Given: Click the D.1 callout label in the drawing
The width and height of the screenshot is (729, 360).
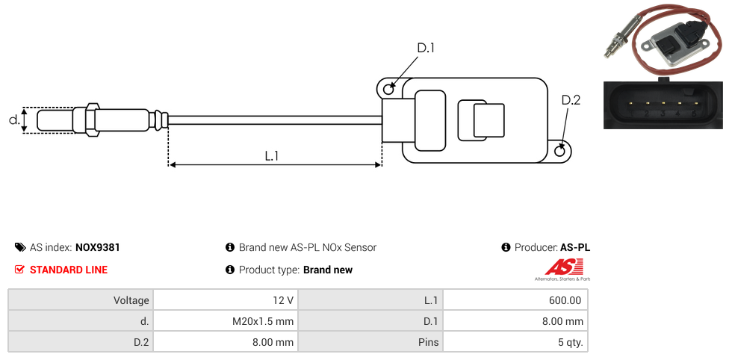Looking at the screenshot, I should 426,49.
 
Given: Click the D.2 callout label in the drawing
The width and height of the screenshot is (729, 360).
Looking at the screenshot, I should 571,101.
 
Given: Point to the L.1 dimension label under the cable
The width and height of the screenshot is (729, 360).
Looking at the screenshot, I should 272,155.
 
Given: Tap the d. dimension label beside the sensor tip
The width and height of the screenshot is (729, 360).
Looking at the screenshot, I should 13,120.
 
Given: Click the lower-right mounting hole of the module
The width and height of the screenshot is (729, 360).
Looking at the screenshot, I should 561,151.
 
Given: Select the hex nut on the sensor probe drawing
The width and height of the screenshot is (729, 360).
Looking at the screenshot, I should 93,120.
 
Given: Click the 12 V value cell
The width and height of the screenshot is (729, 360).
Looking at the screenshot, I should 226,300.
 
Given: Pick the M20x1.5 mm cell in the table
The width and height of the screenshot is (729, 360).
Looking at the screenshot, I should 226,321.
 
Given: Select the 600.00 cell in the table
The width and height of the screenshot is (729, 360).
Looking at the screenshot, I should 515,300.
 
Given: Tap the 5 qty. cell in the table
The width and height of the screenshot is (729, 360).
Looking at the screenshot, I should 515,343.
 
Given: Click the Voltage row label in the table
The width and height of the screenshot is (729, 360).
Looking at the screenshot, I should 81,300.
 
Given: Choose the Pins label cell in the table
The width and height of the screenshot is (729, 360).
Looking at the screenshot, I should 370,343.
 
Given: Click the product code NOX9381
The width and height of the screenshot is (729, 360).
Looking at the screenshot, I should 98,247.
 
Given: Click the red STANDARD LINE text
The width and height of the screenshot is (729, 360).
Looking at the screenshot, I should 69,270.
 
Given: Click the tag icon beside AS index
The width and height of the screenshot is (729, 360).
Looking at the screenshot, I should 20,247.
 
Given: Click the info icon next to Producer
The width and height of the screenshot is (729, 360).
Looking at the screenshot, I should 506,247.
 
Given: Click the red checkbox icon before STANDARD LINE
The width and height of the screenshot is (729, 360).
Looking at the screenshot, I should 20,270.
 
